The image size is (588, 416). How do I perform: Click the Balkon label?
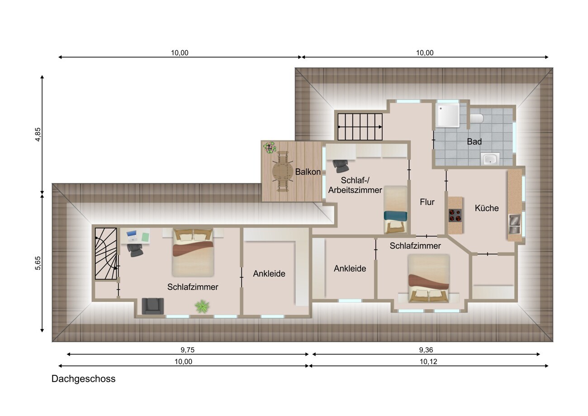point(308,172)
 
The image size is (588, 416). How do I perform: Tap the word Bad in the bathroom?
point(474,142)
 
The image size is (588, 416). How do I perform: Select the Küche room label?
point(487,208)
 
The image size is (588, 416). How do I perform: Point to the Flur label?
point(427,202)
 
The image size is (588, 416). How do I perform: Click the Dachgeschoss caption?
point(84,379)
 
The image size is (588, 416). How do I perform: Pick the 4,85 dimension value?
point(38,134)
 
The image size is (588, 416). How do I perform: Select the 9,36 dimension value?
point(426,350)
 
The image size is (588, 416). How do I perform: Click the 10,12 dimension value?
point(428,362)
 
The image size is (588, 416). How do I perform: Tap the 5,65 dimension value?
point(38,263)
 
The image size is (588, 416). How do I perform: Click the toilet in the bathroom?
point(477,119)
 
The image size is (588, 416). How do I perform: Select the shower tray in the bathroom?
point(447,115)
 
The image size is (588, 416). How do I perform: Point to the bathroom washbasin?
point(490,159)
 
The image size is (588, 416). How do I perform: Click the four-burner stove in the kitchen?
point(455,215)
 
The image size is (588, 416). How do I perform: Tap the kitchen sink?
point(515,224)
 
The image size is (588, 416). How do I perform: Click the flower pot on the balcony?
point(270,147)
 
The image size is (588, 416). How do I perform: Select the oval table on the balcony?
point(283,172)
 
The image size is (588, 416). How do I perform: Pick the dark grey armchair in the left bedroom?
point(153,306)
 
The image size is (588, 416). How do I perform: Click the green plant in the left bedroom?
point(202,306)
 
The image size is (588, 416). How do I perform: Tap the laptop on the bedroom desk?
point(132,236)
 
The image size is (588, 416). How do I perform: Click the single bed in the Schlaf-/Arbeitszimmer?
point(396,210)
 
